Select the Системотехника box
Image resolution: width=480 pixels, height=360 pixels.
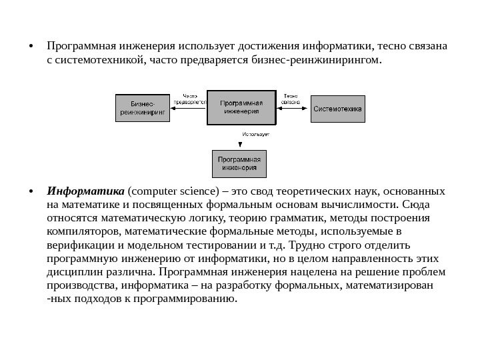[338, 108]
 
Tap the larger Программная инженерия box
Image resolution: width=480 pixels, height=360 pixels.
[241, 107]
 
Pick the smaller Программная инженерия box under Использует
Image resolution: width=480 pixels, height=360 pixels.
[239, 164]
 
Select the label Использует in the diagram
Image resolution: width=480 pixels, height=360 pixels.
[255, 135]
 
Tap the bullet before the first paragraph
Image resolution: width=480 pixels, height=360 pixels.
[31, 47]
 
